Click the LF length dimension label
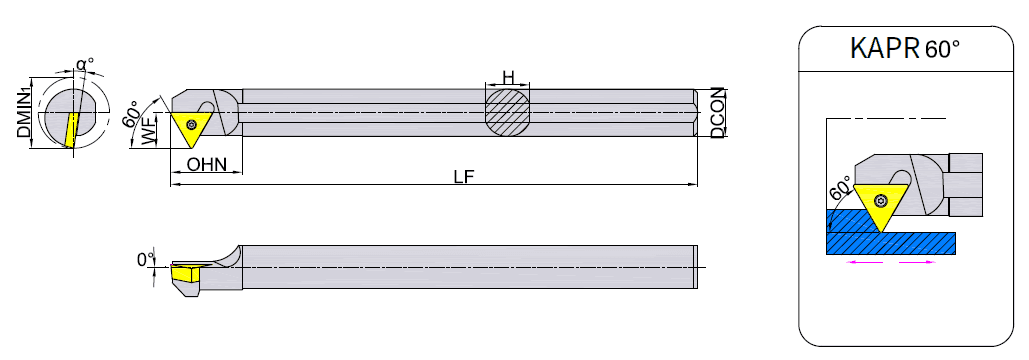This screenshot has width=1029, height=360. (x=462, y=177)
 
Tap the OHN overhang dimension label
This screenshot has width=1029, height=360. (x=207, y=165)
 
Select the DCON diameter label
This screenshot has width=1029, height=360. (x=717, y=112)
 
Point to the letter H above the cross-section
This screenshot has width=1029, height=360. (x=508, y=77)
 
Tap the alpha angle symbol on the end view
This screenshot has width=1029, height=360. (x=84, y=65)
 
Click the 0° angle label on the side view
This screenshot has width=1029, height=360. (x=145, y=260)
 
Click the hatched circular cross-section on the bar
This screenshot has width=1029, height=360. (x=508, y=111)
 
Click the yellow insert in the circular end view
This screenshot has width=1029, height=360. (x=70, y=129)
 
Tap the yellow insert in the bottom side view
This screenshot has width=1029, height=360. (x=184, y=272)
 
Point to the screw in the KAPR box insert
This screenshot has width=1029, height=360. (x=883, y=195)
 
